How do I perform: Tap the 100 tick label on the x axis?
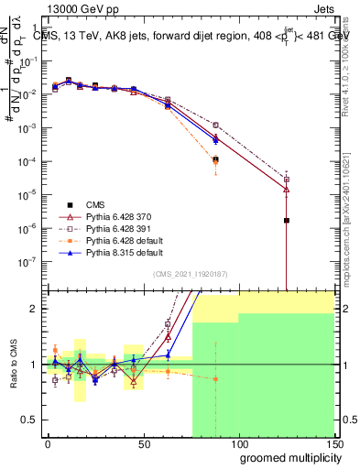[239, 442]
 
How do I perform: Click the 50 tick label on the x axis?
[143, 442]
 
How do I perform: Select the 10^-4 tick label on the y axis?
[30, 161]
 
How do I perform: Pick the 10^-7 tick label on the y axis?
[30, 260]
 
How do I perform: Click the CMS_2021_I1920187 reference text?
[189, 274]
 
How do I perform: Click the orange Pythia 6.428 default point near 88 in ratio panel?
[215, 378]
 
